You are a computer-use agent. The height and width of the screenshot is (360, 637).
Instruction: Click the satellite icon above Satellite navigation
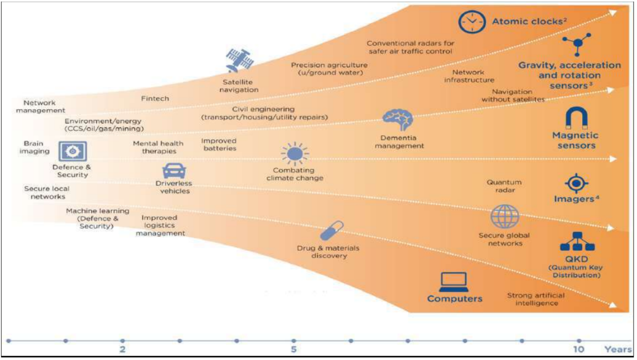coord(239,60)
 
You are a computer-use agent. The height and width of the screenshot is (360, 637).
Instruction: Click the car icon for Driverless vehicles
coord(174,171)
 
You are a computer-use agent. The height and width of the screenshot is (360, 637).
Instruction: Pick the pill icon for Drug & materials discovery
coord(331,231)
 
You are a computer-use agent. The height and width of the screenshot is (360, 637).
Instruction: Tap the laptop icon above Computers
coord(454,281)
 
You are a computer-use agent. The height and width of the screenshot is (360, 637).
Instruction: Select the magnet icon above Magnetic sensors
coord(575,117)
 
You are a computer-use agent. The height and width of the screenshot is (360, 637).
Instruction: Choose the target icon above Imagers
coord(576,183)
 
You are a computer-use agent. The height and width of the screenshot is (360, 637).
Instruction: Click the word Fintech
coord(156,98)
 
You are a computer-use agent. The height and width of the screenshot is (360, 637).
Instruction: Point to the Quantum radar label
coord(504,186)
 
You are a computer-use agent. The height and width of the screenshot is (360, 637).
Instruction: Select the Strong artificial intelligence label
coord(536,299)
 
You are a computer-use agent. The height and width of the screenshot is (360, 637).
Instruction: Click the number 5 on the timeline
coord(293,349)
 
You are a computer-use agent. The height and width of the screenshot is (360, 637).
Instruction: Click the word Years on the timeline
coord(617,349)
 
